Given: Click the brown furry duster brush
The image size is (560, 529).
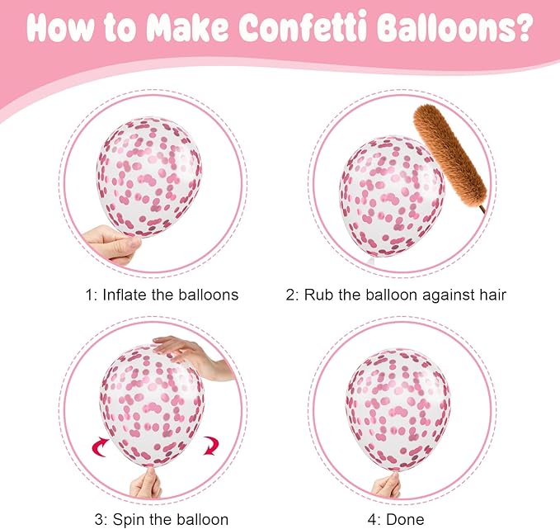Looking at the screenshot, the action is click(x=449, y=156).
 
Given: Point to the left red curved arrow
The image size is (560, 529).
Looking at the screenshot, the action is click(x=101, y=446).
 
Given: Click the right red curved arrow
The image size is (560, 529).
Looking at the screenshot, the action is click(x=210, y=446).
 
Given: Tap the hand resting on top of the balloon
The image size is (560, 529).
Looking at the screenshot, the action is click(x=192, y=357).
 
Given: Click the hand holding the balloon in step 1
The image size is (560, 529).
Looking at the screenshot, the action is click(x=112, y=245).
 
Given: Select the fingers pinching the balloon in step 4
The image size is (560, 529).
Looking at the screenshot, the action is click(x=387, y=484).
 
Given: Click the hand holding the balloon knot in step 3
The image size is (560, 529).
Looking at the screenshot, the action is click(x=147, y=483).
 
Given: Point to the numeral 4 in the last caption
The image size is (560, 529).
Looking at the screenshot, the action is click(x=373, y=519).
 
